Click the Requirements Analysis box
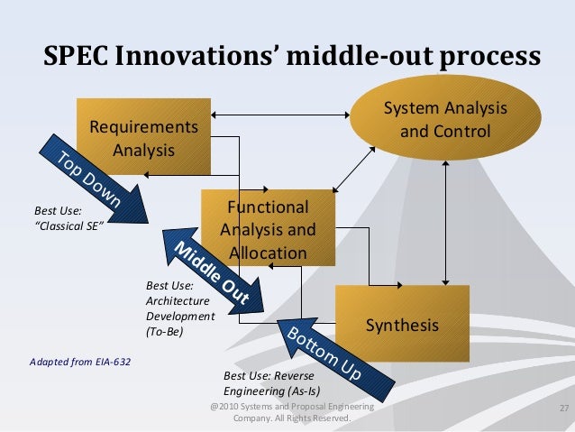click(143, 135)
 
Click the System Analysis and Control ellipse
click(445, 120)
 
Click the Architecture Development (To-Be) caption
click(179, 309)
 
